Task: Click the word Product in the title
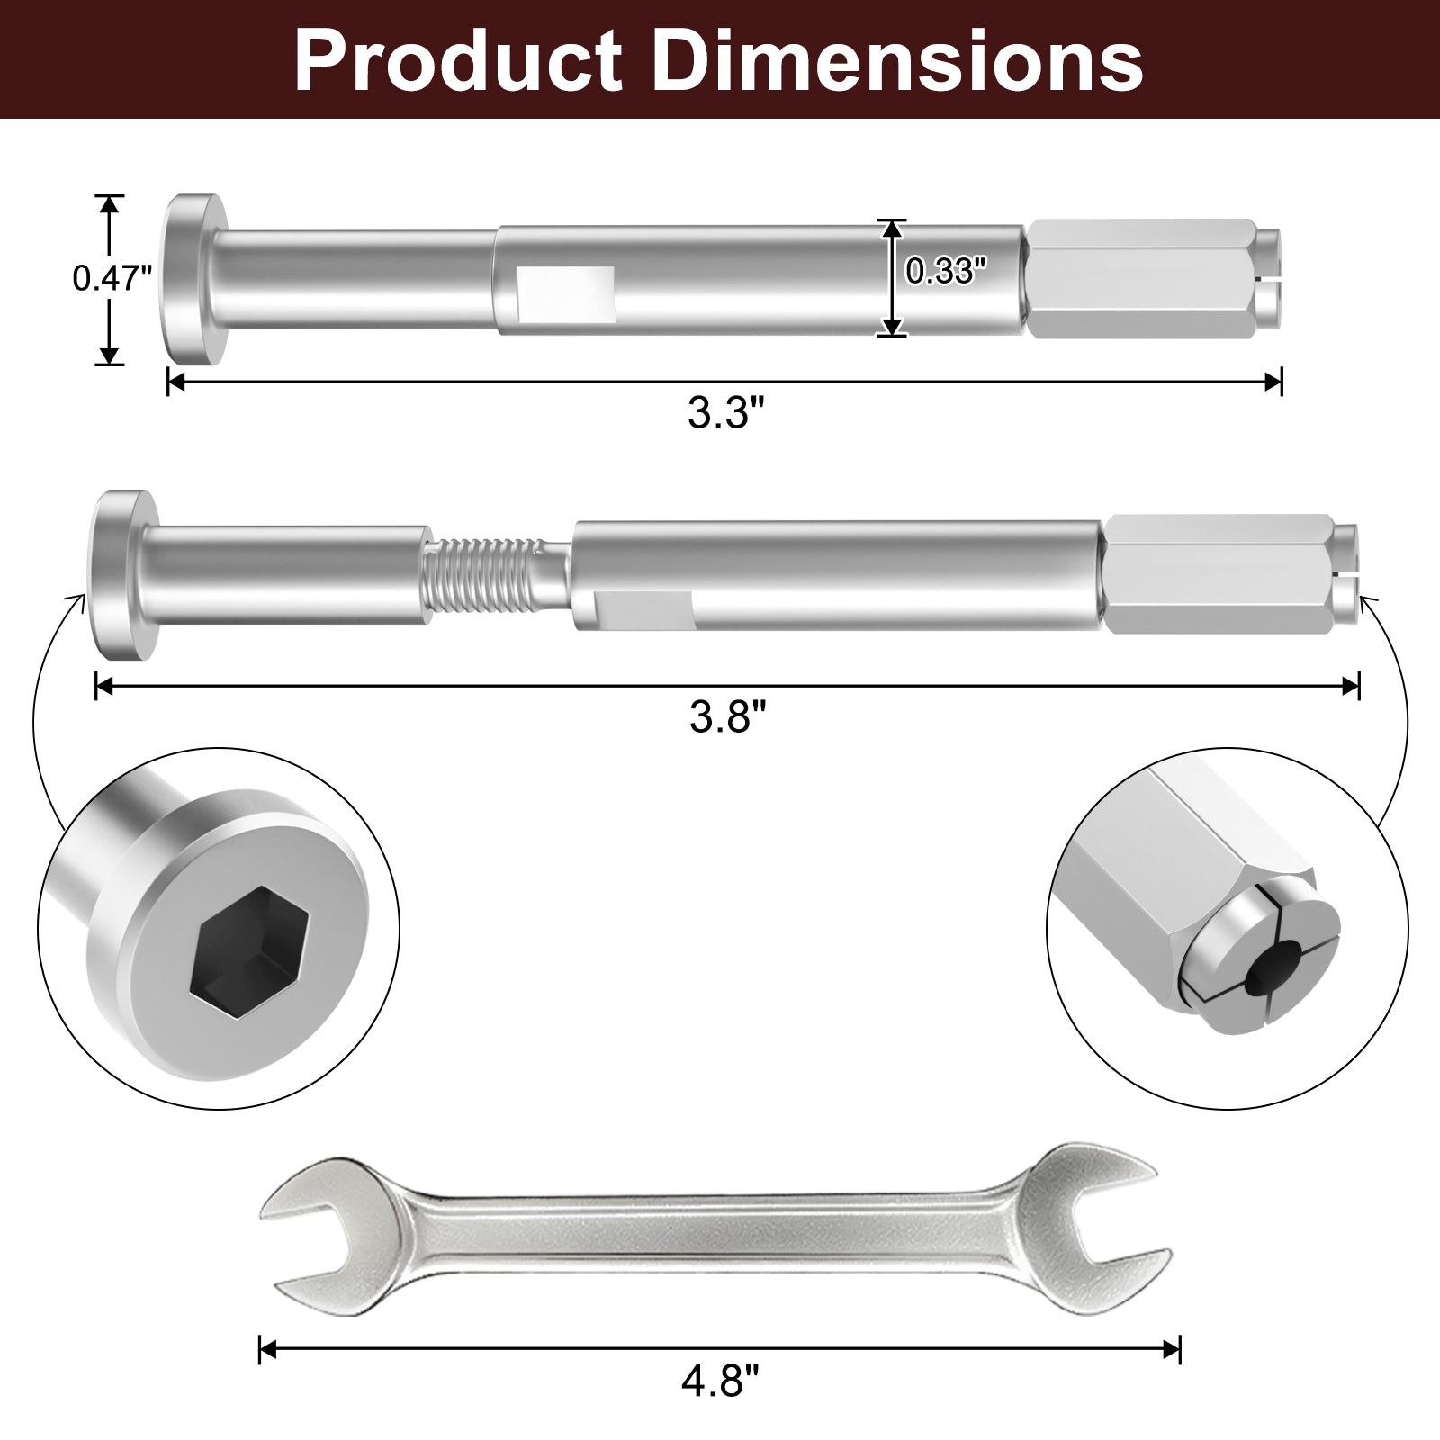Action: (458, 61)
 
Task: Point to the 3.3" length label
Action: (724, 414)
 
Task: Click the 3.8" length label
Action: (727, 717)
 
